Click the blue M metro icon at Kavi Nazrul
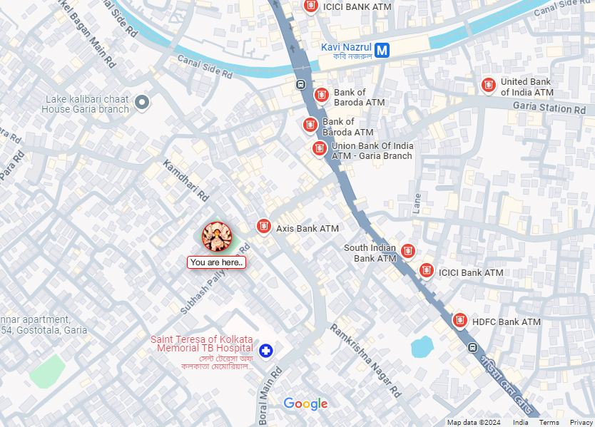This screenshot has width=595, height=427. pos(383,50)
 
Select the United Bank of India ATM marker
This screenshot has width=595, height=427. pos(489,86)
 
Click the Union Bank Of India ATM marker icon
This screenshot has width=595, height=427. pos(320,149)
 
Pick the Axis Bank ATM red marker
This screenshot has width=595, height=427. pos(264,227)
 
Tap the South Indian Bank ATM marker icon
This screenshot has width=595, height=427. pos(407,251)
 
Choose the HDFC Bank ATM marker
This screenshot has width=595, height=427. pos(459,321)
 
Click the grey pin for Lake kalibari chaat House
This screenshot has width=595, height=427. pos(142,103)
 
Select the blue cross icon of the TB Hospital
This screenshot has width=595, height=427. pos(266,350)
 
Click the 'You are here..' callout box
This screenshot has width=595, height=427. pos(217,262)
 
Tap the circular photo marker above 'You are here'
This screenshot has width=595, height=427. pos(217,237)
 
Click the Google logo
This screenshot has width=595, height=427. pos(305,404)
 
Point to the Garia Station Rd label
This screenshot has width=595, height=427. pos(549,108)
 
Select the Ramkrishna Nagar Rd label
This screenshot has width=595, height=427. pos(366,359)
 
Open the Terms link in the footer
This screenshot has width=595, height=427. pos(549,423)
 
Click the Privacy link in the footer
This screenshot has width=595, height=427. pos(581,423)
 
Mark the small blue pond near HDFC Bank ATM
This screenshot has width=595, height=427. pos(422,346)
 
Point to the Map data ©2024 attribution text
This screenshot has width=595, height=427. pos(474,423)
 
